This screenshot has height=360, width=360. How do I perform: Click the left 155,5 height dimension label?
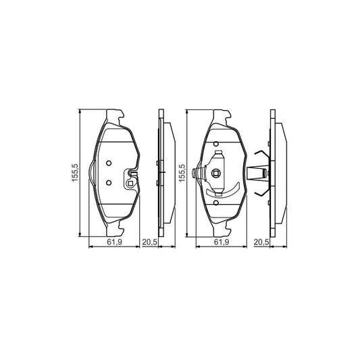click(77, 173)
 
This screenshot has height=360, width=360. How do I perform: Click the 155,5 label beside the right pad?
click(182, 173)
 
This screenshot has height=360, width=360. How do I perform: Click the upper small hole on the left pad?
click(109, 163)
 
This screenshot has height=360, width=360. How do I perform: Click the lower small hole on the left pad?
click(109, 181)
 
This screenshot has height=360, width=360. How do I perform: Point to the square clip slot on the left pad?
click(131, 180)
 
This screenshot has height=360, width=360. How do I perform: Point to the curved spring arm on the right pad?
click(227, 191)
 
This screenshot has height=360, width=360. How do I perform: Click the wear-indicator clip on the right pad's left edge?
click(197, 174)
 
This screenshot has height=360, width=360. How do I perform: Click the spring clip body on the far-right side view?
click(259, 174)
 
